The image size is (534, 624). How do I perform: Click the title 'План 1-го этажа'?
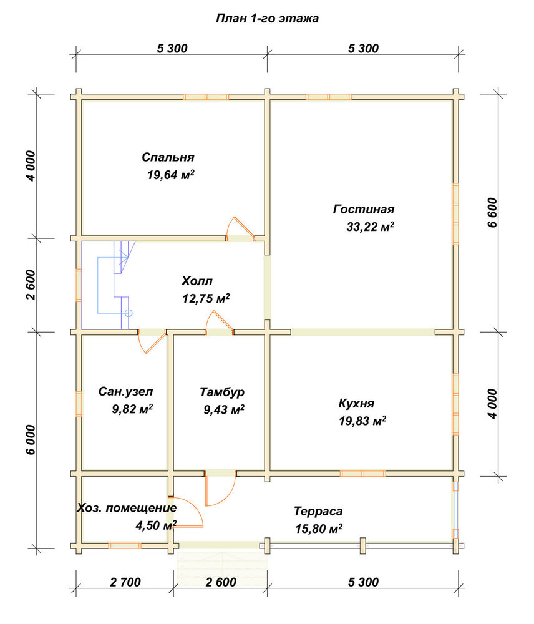[x=267, y=18]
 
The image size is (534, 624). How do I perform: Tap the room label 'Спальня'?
[x=168, y=157]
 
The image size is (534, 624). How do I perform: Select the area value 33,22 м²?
[x=370, y=227]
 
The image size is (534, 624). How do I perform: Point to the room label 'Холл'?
[x=197, y=281]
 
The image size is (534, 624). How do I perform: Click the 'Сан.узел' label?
[x=126, y=392]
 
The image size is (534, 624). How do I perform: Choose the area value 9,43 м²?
[x=224, y=409]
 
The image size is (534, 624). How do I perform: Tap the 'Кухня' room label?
[x=356, y=403]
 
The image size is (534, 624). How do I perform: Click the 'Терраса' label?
[x=318, y=511]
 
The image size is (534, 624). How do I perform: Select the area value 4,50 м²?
[x=156, y=525]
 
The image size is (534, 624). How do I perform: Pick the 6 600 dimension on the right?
[x=492, y=212]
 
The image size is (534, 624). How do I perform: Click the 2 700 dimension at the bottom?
[x=125, y=582]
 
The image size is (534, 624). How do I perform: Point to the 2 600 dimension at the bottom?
[x=221, y=582]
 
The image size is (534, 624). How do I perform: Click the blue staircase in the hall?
[x=114, y=285]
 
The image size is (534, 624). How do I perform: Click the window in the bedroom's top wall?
[x=206, y=97]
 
